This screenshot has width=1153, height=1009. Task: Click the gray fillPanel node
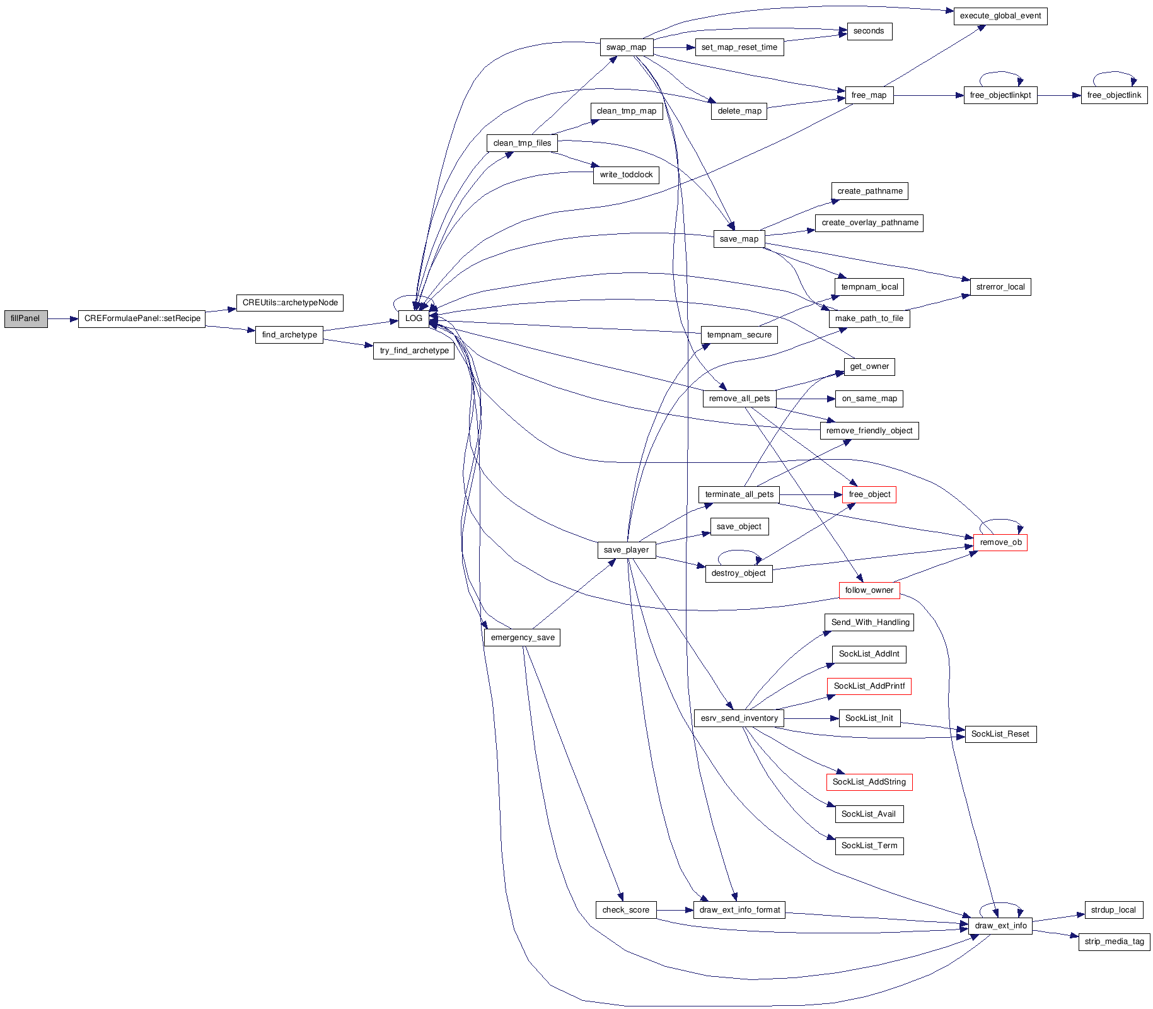tap(26, 318)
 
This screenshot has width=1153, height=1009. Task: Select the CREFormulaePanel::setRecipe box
tap(142, 318)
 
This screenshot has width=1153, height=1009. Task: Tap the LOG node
tap(414, 318)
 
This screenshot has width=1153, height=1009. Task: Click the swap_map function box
tap(626, 47)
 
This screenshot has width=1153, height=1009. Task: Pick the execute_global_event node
tap(1000, 16)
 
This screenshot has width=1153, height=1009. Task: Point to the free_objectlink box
tap(1114, 95)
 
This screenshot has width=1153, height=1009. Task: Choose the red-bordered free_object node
tap(869, 494)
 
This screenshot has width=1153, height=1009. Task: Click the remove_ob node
tap(1000, 542)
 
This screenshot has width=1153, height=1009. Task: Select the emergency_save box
tap(522, 638)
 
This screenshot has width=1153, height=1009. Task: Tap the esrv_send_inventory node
tap(739, 718)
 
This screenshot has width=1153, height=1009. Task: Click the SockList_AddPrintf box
tap(869, 686)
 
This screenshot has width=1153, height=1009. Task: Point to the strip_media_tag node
tap(1114, 942)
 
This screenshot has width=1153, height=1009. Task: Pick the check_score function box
tap(625, 910)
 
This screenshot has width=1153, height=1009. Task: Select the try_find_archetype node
tap(414, 351)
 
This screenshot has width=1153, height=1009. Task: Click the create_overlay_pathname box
tap(869, 223)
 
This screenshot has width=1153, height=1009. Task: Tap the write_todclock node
tap(626, 175)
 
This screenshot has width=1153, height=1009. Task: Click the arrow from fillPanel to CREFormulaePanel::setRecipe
tap(63, 319)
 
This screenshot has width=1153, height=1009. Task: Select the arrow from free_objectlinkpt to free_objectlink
tap(1059, 96)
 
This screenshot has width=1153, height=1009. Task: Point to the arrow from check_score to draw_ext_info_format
tap(675, 910)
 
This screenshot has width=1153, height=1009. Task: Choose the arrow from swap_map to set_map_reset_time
tap(675, 47)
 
